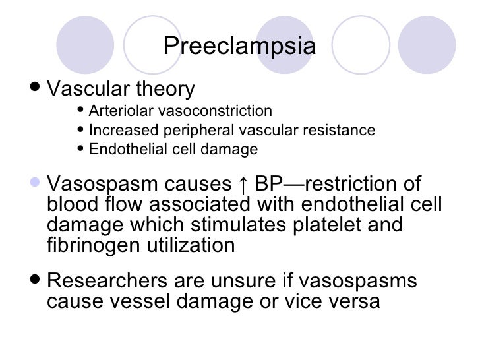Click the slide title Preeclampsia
[239, 47]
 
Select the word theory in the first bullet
[165, 89]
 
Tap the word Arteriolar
[116, 110]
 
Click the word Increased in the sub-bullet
[118, 130]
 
